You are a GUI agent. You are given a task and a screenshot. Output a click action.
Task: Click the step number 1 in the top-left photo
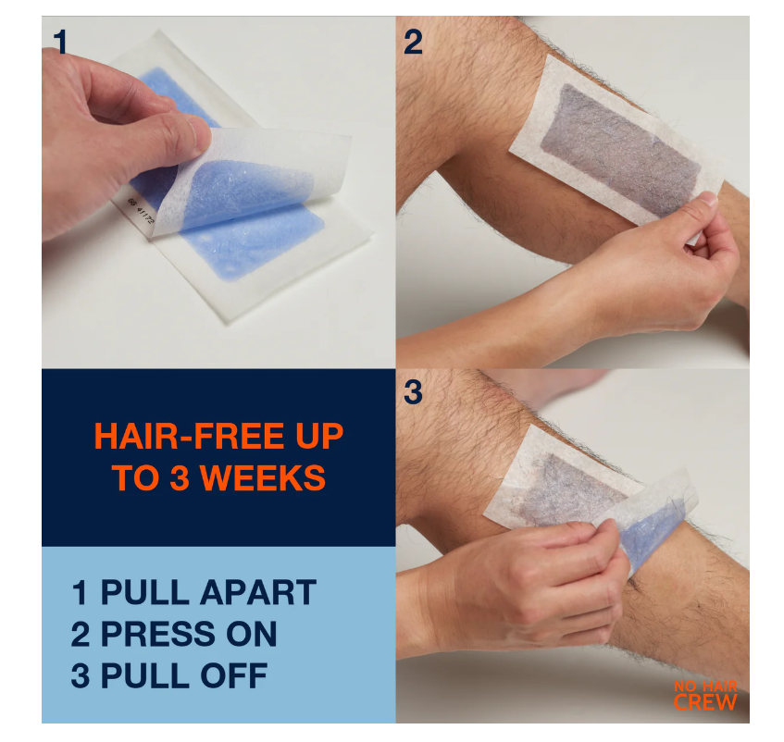pos(60,42)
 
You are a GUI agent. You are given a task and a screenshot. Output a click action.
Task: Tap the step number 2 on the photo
pos(413,42)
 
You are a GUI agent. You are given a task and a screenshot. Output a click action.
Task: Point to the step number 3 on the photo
pos(413,391)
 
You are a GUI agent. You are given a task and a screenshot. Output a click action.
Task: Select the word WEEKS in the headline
pos(263,477)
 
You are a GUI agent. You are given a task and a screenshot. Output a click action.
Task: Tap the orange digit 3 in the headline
pos(180,477)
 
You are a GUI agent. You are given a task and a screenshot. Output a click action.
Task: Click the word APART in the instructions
pos(258,593)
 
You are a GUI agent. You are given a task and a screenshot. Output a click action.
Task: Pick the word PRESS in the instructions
pos(158,634)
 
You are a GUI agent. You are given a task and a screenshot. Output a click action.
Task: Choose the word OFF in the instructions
pos(234,675)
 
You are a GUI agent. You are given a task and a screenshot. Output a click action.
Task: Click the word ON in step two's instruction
pos(252,634)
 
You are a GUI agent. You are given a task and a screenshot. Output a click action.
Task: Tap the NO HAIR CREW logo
pos(705,695)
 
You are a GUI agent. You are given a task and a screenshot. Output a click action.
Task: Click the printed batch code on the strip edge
pos(141,210)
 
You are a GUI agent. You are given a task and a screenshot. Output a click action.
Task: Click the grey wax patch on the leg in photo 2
pos(619,150)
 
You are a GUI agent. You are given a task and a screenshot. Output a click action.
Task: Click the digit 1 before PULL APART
pos(80,593)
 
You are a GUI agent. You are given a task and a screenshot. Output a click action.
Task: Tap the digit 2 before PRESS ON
pos(81,634)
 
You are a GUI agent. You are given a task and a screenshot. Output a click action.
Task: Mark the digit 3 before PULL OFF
pos(81,675)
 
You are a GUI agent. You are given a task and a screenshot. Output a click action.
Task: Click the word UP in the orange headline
pos(319,436)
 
